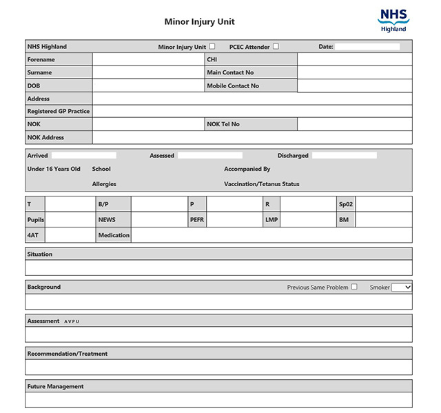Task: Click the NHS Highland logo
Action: click(x=393, y=19)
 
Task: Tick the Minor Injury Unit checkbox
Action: click(x=212, y=47)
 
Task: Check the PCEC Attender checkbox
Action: click(x=276, y=47)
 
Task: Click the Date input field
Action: click(x=367, y=47)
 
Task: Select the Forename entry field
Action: click(x=145, y=59)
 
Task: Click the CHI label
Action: click(x=212, y=59)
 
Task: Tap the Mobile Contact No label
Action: click(x=233, y=86)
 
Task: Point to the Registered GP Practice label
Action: click(x=59, y=111)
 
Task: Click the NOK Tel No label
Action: click(x=223, y=124)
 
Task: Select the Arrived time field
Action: click(x=83, y=156)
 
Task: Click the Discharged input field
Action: click(x=344, y=156)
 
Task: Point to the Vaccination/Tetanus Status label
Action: click(x=261, y=184)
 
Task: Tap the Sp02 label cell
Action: click(x=345, y=204)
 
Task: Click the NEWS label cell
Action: click(x=107, y=219)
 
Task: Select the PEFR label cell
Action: click(x=197, y=219)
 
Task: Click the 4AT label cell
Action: click(x=33, y=235)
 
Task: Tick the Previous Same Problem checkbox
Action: click(x=354, y=287)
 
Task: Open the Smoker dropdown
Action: click(x=402, y=287)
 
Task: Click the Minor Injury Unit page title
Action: click(x=199, y=21)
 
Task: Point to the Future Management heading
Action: click(x=55, y=386)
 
